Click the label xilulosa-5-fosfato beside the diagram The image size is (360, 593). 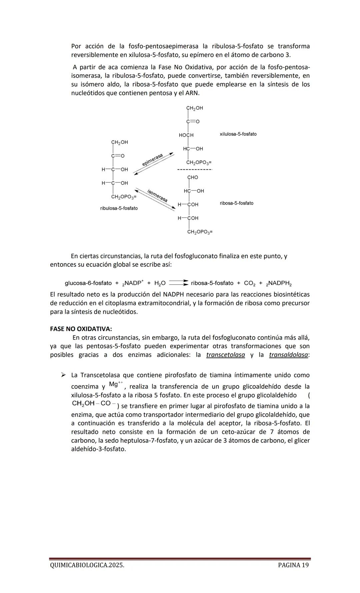pyautogui.click(x=238, y=134)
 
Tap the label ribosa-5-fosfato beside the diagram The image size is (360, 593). pyautogui.click(x=236, y=203)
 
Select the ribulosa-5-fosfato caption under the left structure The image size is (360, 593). pyautogui.click(x=119, y=208)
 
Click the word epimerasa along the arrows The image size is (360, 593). pyautogui.click(x=152, y=160)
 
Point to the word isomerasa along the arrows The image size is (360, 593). pyautogui.click(x=157, y=195)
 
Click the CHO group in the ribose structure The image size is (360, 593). pyautogui.click(x=192, y=177)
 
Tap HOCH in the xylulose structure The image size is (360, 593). pyautogui.click(x=186, y=135)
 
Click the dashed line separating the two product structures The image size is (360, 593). pyautogui.click(x=195, y=170)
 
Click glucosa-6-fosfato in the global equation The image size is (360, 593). pyautogui.click(x=88, y=283)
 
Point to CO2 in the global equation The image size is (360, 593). pyautogui.click(x=249, y=283)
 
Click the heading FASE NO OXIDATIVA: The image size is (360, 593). pyautogui.click(x=81, y=329)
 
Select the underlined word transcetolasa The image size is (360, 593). pyautogui.click(x=225, y=355)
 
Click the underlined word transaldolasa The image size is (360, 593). pyautogui.click(x=288, y=355)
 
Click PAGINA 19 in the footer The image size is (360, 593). pyautogui.click(x=293, y=565)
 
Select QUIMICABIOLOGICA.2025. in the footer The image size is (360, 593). pyautogui.click(x=87, y=565)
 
